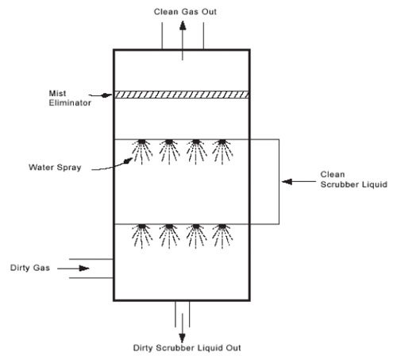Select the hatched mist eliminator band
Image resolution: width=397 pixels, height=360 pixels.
click(182, 94)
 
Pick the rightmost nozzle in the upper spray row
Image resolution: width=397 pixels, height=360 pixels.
click(221, 144)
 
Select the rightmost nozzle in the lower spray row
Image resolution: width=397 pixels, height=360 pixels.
click(221, 228)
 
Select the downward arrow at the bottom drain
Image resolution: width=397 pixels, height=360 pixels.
click(182, 323)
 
